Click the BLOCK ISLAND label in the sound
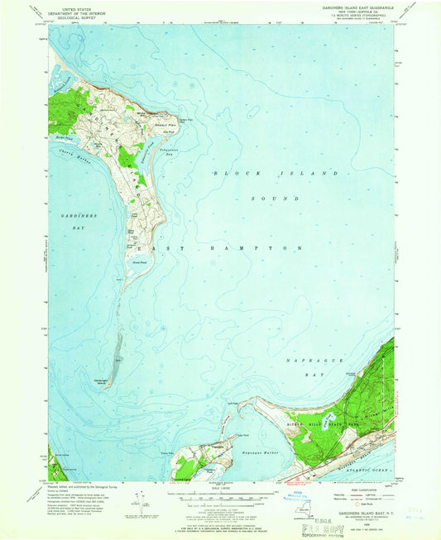[276, 174]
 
